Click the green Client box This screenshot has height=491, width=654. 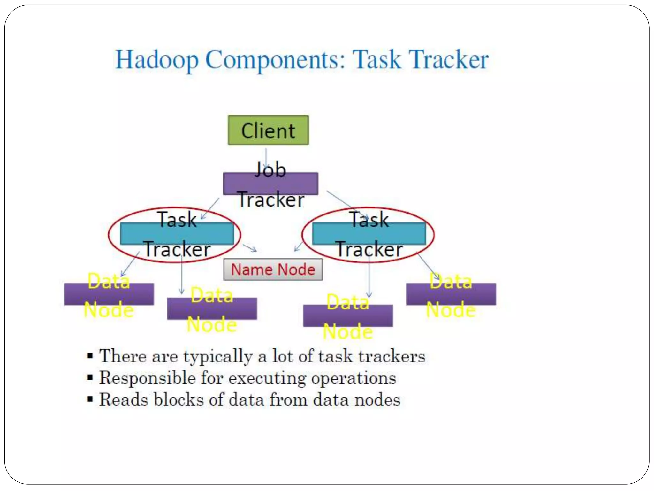268,130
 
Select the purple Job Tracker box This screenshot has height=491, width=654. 270,183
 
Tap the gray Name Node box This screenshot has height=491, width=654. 273,269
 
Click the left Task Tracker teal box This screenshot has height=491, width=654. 177,234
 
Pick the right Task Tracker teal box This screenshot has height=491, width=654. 369,234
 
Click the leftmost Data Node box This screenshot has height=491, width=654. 109,294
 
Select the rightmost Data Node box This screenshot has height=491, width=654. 451,294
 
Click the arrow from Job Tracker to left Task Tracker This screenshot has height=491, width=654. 210,208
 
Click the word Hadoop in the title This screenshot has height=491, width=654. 156,60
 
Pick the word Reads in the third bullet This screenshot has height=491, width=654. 123,400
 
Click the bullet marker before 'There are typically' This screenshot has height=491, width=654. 90,356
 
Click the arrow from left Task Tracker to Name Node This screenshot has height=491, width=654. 250,248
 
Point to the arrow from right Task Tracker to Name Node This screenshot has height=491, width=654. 298,246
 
